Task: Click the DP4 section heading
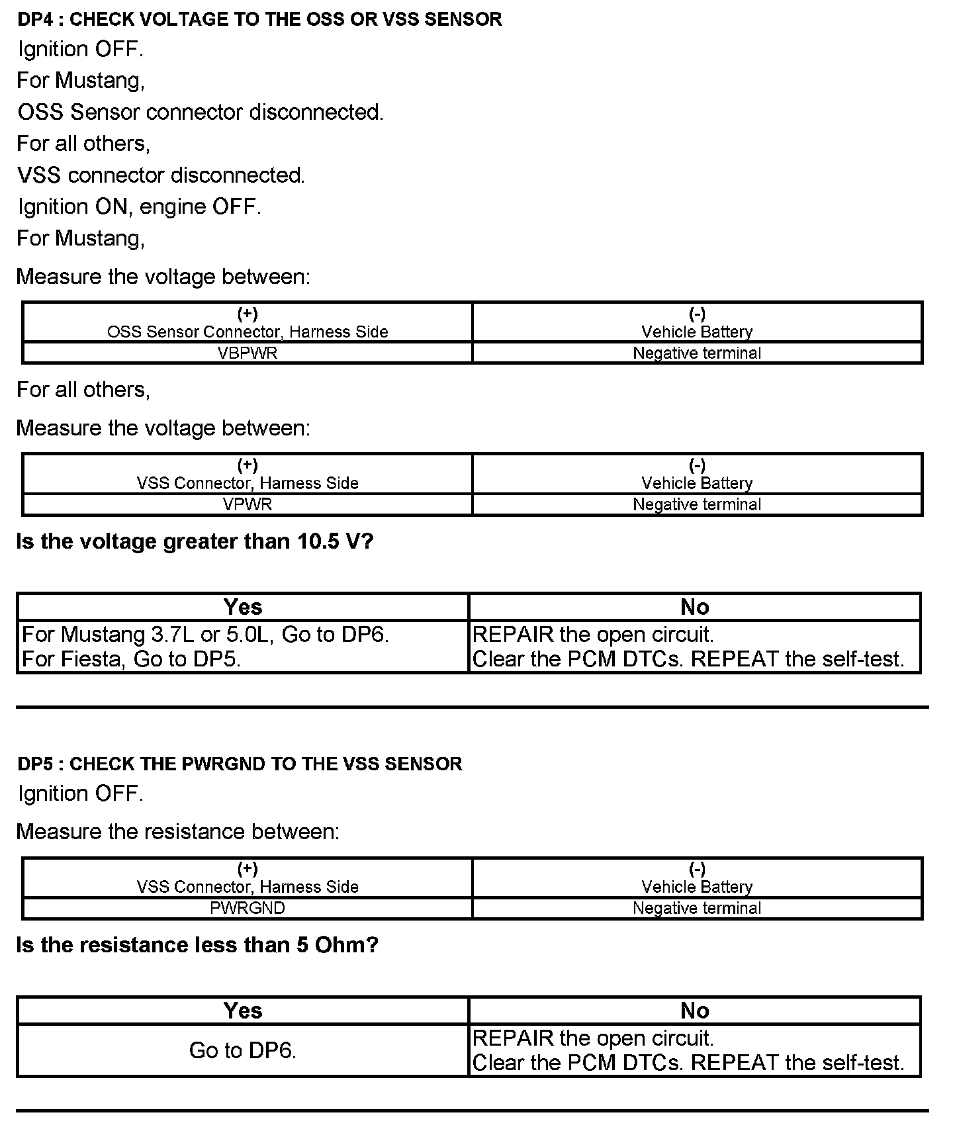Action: [x=259, y=19]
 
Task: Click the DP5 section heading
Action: [x=240, y=764]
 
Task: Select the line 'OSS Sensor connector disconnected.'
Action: [x=201, y=112]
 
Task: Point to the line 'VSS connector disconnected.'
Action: [x=161, y=175]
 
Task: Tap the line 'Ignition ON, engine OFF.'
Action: [x=139, y=206]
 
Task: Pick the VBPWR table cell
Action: [x=248, y=353]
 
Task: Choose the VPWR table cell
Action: [x=248, y=504]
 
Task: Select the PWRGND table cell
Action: [x=248, y=908]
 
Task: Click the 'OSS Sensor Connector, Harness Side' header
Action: [x=248, y=332]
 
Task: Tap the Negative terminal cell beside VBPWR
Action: [x=697, y=353]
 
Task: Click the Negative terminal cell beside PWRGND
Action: [x=697, y=908]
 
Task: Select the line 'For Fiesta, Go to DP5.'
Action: [x=131, y=659]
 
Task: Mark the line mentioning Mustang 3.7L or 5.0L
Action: [x=205, y=635]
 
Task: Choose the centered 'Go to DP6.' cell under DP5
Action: [x=242, y=1050]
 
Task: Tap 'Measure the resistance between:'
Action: [x=177, y=831]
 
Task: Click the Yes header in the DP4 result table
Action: [x=242, y=607]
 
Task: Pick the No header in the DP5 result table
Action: [x=694, y=1011]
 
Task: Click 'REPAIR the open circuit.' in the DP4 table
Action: [x=593, y=635]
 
